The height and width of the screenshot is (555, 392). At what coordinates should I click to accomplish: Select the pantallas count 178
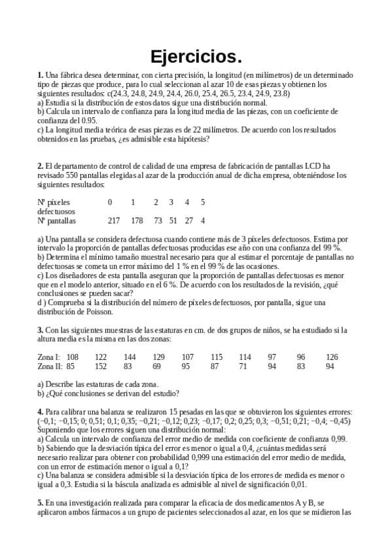click(x=136, y=221)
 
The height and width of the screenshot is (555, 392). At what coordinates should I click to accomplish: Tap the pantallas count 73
click(x=158, y=221)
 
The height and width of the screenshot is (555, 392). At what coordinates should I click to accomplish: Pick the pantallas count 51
click(x=173, y=221)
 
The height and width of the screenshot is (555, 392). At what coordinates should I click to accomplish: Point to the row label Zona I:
click(x=49, y=357)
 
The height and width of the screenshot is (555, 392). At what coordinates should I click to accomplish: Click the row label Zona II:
click(x=50, y=367)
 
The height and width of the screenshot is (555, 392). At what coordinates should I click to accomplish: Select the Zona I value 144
click(x=130, y=357)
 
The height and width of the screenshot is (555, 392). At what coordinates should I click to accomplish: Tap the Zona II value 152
click(x=101, y=367)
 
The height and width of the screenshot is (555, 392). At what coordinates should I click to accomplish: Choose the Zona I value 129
click(x=158, y=357)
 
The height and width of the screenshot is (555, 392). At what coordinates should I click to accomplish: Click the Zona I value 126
click(x=332, y=357)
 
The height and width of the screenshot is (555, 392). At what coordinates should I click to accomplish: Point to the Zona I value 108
click(x=73, y=357)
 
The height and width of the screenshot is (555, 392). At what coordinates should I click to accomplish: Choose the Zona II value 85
click(x=71, y=367)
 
